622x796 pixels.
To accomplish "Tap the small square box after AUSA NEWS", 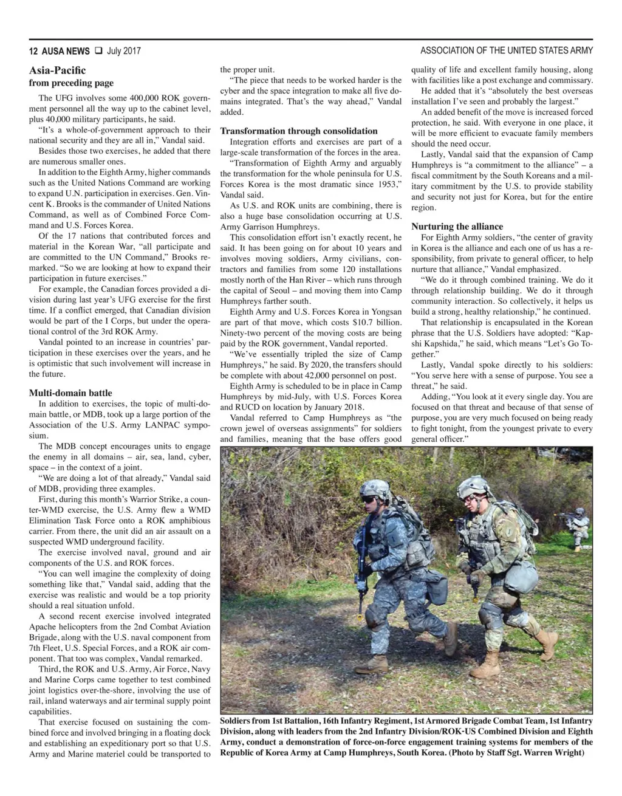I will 98,50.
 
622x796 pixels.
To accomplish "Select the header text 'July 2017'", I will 123,50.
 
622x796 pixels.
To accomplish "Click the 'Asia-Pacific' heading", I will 58,70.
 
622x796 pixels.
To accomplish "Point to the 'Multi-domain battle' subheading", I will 70,393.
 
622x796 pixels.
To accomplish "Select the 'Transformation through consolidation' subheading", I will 298,131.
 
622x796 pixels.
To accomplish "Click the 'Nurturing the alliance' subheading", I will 457,226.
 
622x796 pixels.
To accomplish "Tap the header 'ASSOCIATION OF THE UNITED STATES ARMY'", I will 506,50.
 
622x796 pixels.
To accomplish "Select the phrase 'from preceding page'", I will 72,83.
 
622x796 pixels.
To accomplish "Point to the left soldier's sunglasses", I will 369,499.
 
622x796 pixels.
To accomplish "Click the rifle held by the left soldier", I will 361,550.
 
